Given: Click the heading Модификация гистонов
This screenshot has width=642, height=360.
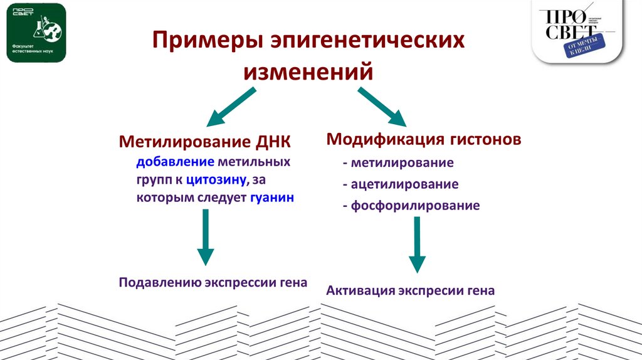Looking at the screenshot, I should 424,139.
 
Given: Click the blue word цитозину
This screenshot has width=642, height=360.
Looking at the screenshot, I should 216,180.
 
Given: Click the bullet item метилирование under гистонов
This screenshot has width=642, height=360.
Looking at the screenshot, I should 402,163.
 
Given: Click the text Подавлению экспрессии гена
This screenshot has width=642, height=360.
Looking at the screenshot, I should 213,282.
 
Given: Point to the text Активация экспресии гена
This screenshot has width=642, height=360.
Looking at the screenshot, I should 411,290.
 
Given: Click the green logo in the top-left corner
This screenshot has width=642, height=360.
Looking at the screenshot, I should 36,32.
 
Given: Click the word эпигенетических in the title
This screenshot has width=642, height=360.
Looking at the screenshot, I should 368,43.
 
